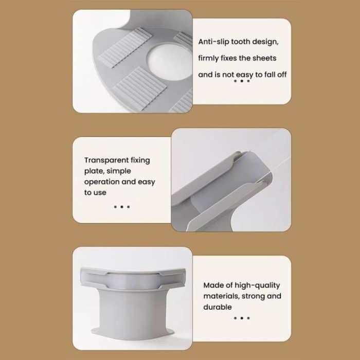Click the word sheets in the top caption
[265, 58]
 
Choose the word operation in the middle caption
[102, 182]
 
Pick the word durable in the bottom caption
[218, 307]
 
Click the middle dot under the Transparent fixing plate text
[122, 207]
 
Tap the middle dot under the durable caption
[242, 318]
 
